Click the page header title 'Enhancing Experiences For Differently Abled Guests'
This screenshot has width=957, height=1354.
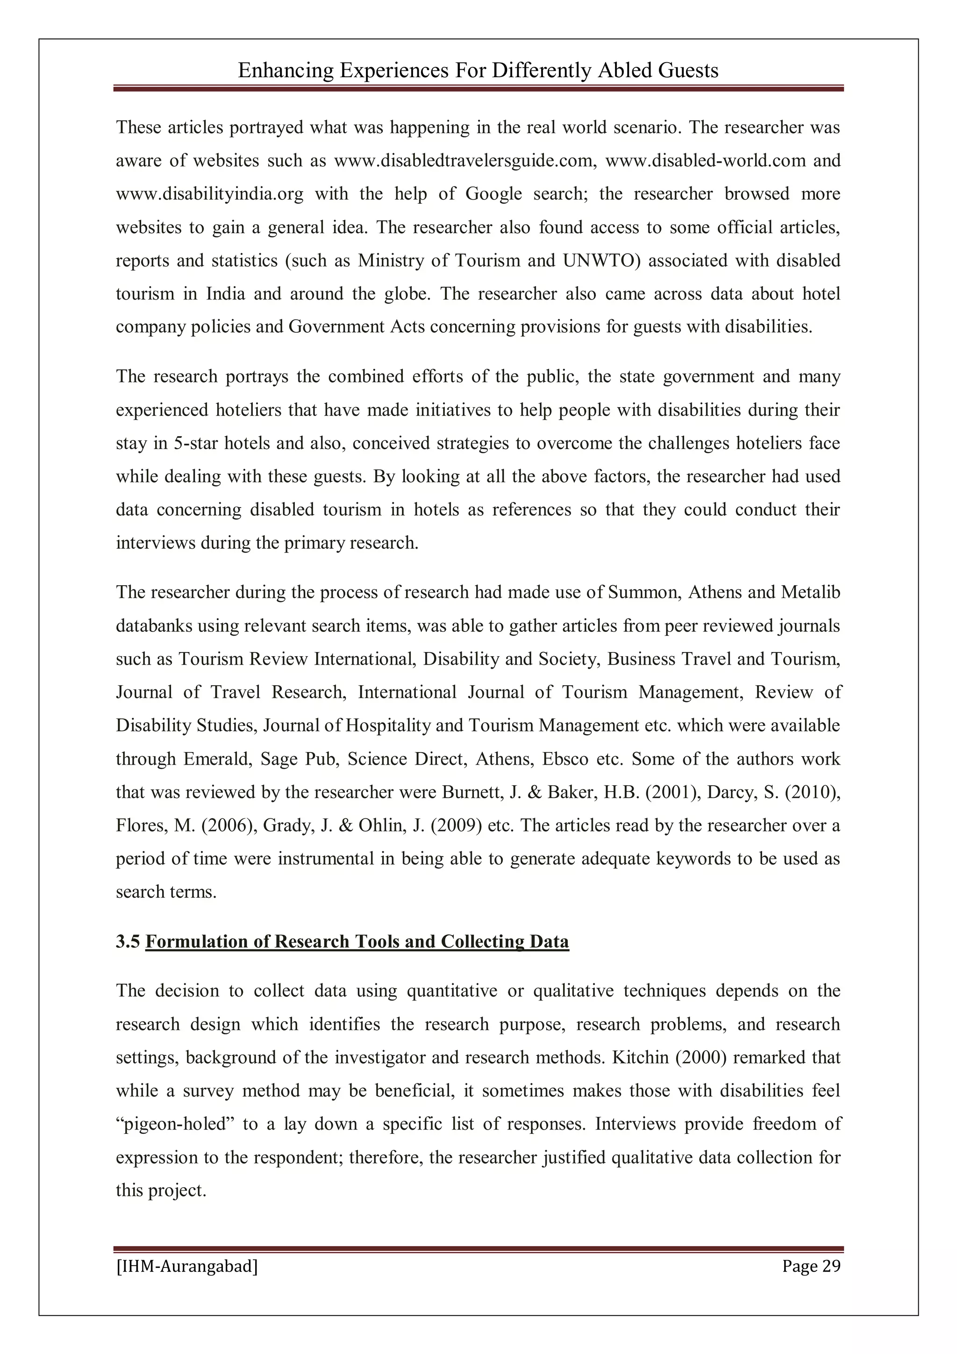click(x=478, y=71)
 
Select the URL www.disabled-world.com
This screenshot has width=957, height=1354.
click(x=705, y=161)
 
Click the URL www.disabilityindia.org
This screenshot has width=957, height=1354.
click(x=209, y=194)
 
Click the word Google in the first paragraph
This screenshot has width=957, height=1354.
click(x=493, y=194)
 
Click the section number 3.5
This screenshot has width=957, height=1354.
click(x=128, y=941)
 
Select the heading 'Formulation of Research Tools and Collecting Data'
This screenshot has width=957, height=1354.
click(x=357, y=941)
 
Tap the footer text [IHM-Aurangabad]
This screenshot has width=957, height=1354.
click(x=187, y=1266)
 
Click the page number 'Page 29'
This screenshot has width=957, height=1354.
click(x=811, y=1266)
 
